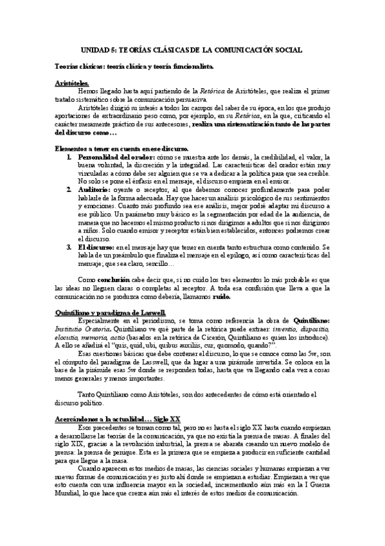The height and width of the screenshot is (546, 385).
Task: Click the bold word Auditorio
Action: pos(94,190)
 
